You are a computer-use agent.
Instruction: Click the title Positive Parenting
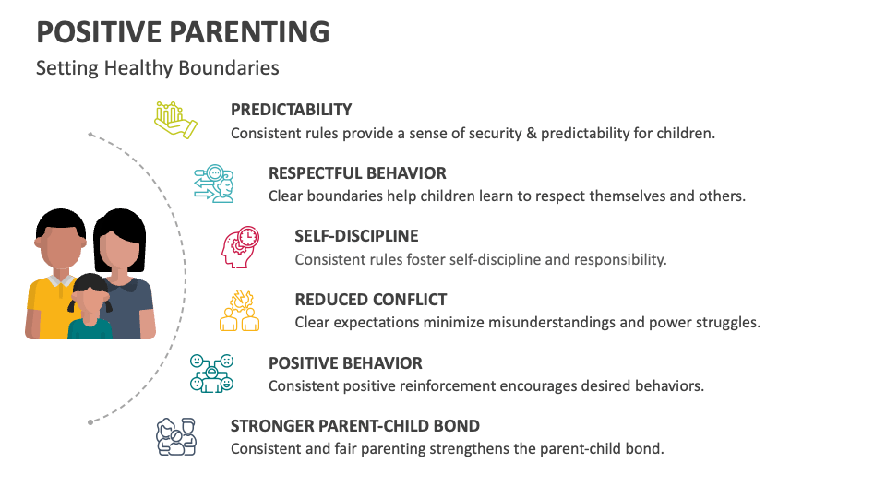(183, 31)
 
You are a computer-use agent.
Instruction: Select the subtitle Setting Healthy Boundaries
(157, 68)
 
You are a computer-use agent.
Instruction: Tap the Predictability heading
(291, 110)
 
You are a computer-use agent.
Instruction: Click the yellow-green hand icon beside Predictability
(175, 120)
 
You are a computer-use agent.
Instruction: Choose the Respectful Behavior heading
(357, 173)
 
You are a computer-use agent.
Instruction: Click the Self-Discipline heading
(356, 236)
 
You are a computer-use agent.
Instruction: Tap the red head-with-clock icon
(240, 247)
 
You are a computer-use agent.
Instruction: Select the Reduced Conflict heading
(370, 300)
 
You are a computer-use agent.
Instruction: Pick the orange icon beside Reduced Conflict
(240, 310)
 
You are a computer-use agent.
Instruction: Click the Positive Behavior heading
(345, 363)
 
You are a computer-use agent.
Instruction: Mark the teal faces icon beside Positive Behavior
(212, 373)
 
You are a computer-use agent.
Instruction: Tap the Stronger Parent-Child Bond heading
(354, 426)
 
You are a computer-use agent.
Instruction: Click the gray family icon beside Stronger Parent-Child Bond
(175, 436)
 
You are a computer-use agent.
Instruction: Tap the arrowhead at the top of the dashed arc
(90, 135)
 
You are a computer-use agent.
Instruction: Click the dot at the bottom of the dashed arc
(90, 422)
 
